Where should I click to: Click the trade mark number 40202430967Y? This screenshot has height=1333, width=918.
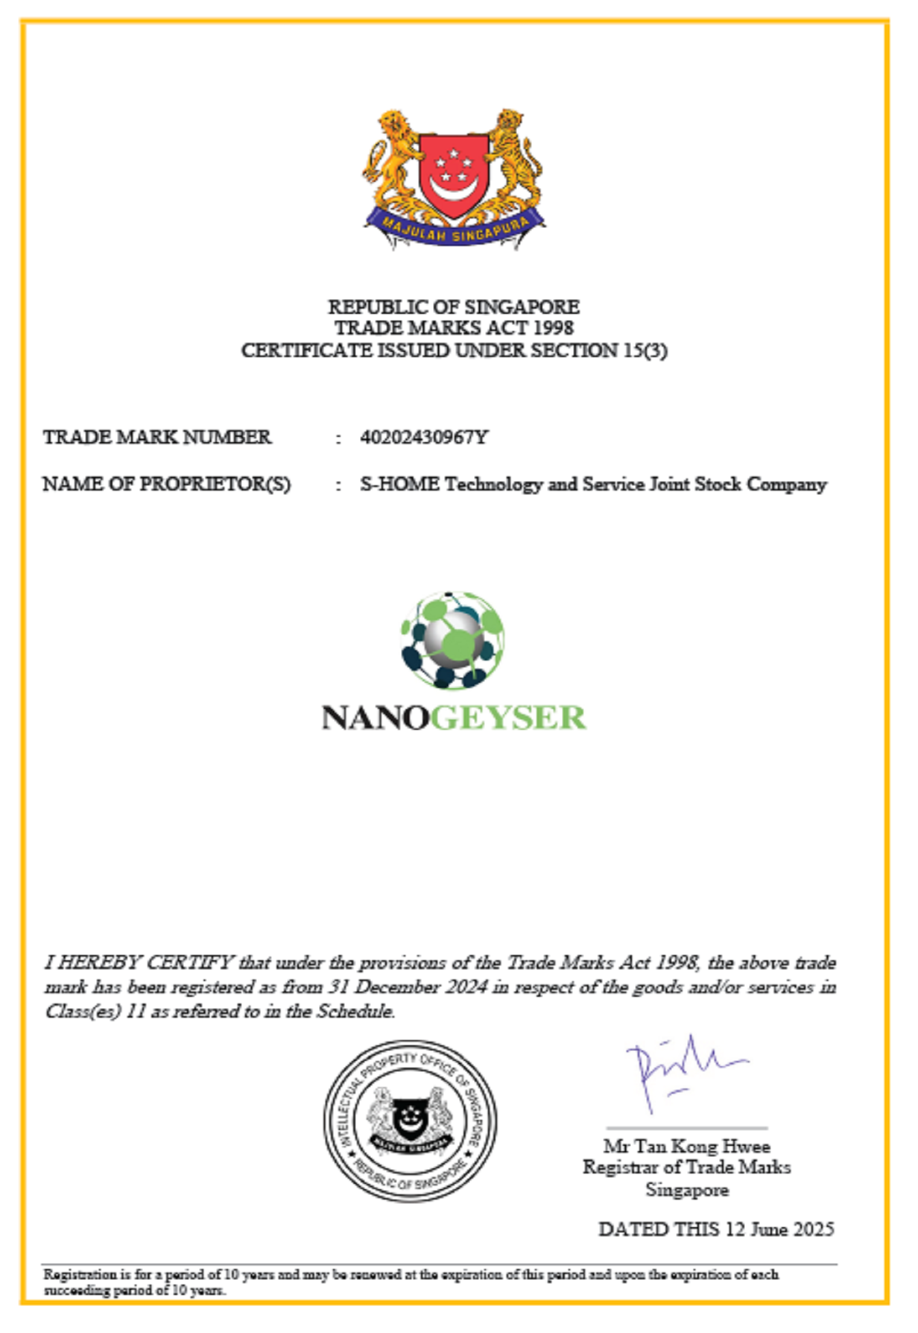pyautogui.click(x=424, y=437)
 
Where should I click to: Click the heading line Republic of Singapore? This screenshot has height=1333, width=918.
pyautogui.click(x=454, y=306)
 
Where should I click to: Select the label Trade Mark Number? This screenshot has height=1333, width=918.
pyautogui.click(x=157, y=437)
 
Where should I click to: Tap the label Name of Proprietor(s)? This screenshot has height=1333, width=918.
pyautogui.click(x=166, y=484)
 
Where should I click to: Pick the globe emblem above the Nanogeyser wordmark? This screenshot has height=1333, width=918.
pyautogui.click(x=452, y=640)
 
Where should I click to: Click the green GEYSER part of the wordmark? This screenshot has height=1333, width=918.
pyautogui.click(x=508, y=717)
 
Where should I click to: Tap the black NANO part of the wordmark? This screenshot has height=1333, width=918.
pyautogui.click(x=375, y=717)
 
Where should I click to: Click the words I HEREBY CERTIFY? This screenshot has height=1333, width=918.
pyautogui.click(x=139, y=962)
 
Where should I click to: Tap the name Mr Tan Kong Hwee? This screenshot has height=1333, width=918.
pyautogui.click(x=686, y=1146)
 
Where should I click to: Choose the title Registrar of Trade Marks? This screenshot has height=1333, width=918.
pyautogui.click(x=686, y=1167)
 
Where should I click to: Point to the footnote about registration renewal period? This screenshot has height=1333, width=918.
pyautogui.click(x=410, y=1282)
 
